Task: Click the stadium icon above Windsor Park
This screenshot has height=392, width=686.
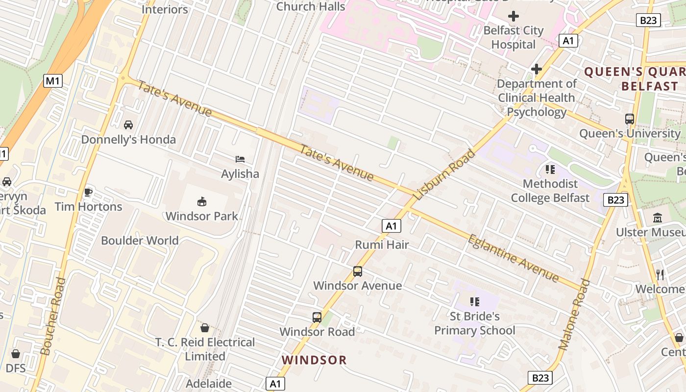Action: pos(202,201)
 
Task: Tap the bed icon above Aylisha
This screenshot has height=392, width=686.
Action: pos(240,159)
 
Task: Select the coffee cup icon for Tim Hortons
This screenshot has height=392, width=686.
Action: pos(88,192)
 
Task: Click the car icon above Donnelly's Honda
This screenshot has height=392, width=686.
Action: pos(128,125)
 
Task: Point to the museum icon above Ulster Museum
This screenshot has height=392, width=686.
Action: pos(658,218)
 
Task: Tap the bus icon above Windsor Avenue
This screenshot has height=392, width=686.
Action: pos(358,271)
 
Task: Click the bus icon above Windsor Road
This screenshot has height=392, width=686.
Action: pos(317,318)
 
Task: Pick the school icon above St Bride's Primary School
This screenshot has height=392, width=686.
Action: pos(474,302)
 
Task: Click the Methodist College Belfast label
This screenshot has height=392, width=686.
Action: pos(550,191)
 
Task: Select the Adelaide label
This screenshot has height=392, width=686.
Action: pos(209,383)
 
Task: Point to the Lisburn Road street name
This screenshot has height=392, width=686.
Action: pos(444,174)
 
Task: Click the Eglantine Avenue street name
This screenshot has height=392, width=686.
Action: pos(513,258)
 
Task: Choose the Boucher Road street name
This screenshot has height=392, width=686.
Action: pos(53,316)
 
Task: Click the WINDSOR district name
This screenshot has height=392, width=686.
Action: pos(314,360)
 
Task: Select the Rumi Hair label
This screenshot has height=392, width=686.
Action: pos(382,245)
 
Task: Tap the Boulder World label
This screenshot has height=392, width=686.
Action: pos(140,241)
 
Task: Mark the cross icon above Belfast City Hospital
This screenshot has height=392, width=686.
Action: pos(514,17)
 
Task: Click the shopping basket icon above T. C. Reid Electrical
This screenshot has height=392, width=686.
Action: pos(205,328)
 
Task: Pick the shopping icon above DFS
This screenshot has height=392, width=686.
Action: pos(16,354)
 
